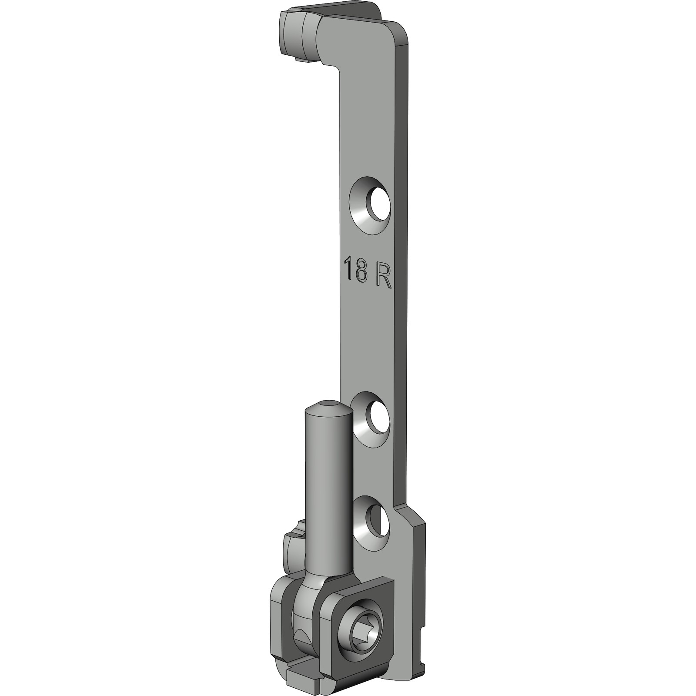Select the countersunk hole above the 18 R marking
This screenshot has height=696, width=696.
[370, 206]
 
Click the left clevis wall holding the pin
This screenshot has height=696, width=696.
[278, 609]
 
